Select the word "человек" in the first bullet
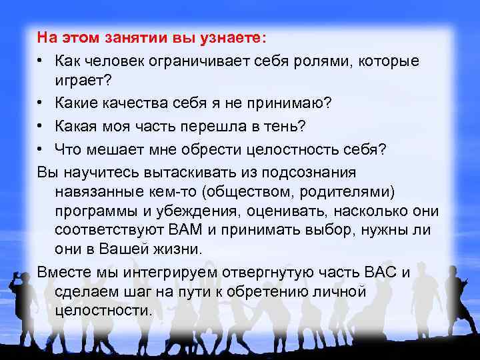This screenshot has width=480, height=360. pyautogui.click(x=117, y=61)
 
